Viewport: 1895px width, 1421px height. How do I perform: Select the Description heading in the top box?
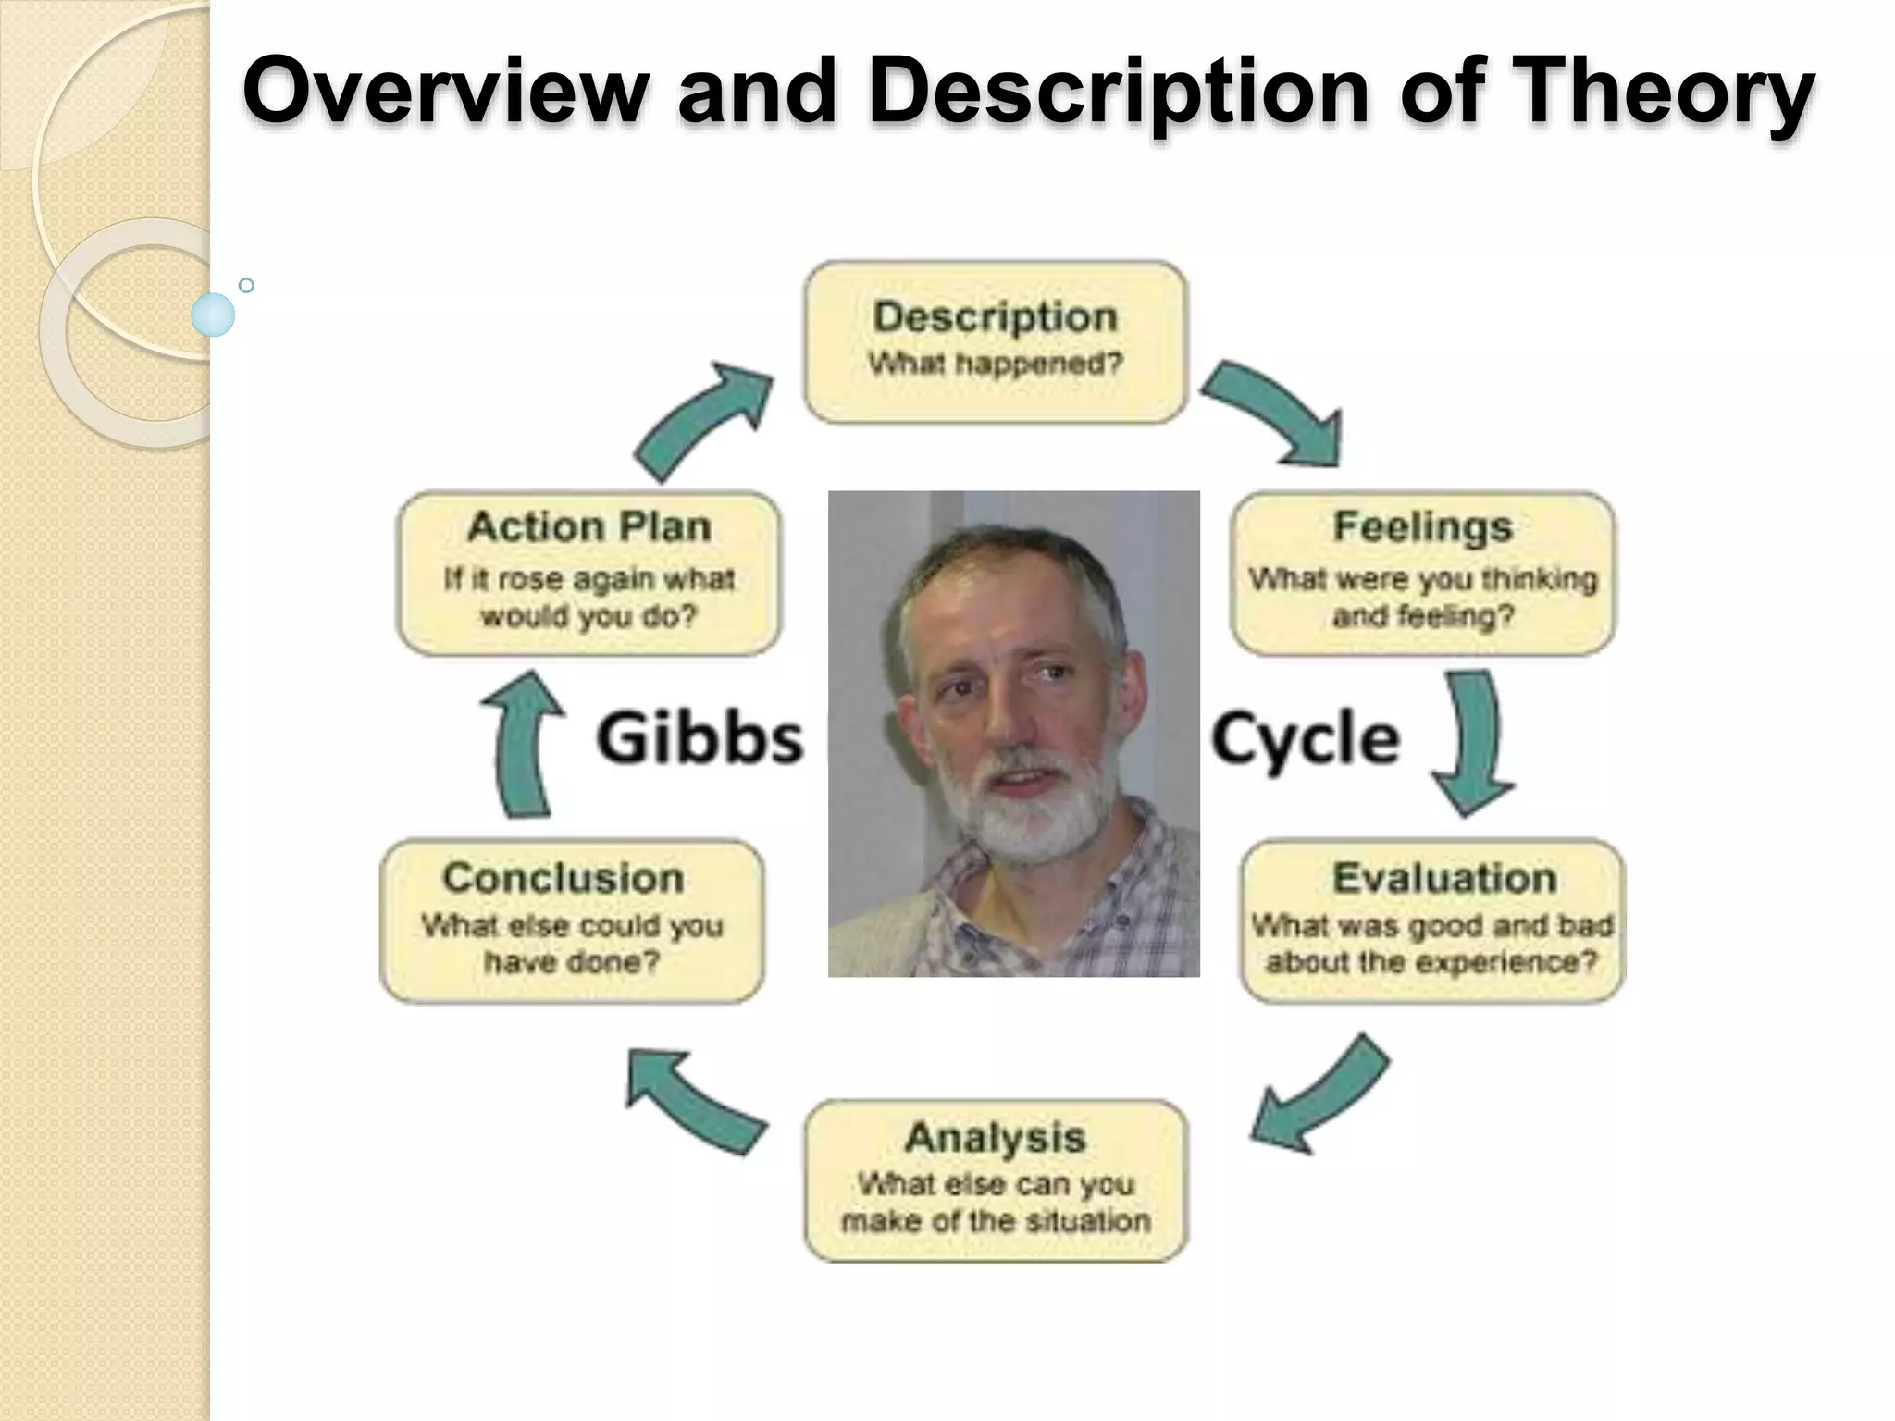pos(995,317)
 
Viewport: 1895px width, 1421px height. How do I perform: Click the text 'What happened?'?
pos(995,365)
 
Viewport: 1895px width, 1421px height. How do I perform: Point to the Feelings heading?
pos(1422,527)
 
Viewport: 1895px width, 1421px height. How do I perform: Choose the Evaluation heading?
pos(1443,878)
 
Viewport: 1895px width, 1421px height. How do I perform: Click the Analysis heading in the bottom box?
pos(995,1138)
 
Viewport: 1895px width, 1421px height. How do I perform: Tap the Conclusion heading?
pos(563,878)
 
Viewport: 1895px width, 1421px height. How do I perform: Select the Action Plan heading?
pos(588,527)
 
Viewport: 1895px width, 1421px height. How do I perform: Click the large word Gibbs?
pos(700,738)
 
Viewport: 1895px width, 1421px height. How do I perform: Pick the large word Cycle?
pos(1305,738)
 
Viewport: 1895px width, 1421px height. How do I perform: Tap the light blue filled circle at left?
pos(213,315)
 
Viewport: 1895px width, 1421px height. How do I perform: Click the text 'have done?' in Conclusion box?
pos(572,962)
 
